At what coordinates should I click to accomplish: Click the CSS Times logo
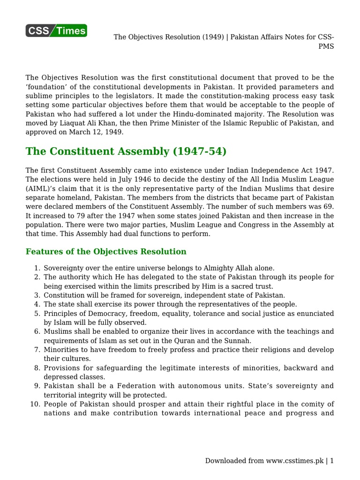(56, 31)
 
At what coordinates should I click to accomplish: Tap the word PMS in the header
(326, 46)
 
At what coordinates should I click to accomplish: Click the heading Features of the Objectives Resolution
(106, 252)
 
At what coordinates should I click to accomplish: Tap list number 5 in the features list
(37, 313)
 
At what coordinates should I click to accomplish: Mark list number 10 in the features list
(35, 404)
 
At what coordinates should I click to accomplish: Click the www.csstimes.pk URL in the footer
(295, 461)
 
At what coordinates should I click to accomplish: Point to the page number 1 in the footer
(332, 461)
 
